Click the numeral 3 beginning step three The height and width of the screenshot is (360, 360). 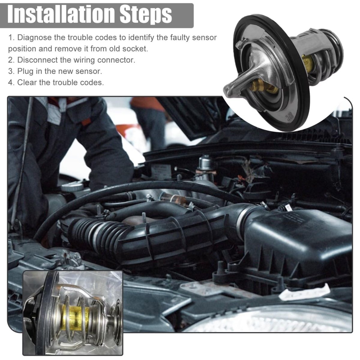pyautogui.click(x=10, y=71)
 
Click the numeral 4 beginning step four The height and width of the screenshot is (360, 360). pyautogui.click(x=10, y=82)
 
